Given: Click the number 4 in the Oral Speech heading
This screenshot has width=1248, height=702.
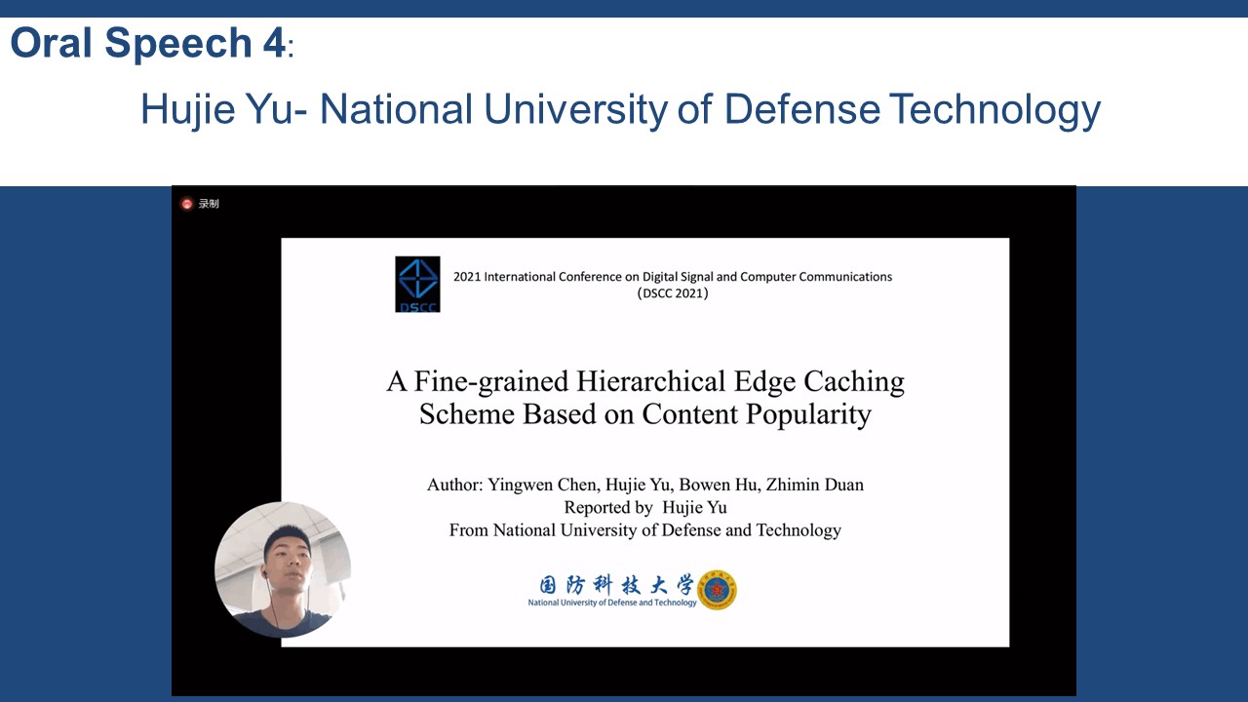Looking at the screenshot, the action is [274, 42].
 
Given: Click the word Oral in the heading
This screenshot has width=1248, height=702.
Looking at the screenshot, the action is [51, 42].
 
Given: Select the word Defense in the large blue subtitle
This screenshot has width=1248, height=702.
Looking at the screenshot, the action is [802, 108].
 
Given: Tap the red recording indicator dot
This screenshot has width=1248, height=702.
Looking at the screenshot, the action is [186, 204].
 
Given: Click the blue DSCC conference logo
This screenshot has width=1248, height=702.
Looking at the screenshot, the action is [417, 284].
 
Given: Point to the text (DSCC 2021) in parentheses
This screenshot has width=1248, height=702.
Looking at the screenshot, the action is [673, 293].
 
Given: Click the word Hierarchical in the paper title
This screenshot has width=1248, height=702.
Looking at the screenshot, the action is [650, 382].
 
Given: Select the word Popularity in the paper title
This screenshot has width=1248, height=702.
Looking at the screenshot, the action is [808, 415].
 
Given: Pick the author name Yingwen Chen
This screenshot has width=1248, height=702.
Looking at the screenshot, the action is [544, 485].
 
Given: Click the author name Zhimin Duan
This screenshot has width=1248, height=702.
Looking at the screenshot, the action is [814, 485].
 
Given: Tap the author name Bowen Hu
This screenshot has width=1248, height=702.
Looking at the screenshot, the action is [717, 485].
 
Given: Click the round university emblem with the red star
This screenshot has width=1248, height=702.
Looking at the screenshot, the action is [717, 590].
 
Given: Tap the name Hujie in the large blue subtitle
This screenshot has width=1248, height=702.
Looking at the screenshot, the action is [188, 109].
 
